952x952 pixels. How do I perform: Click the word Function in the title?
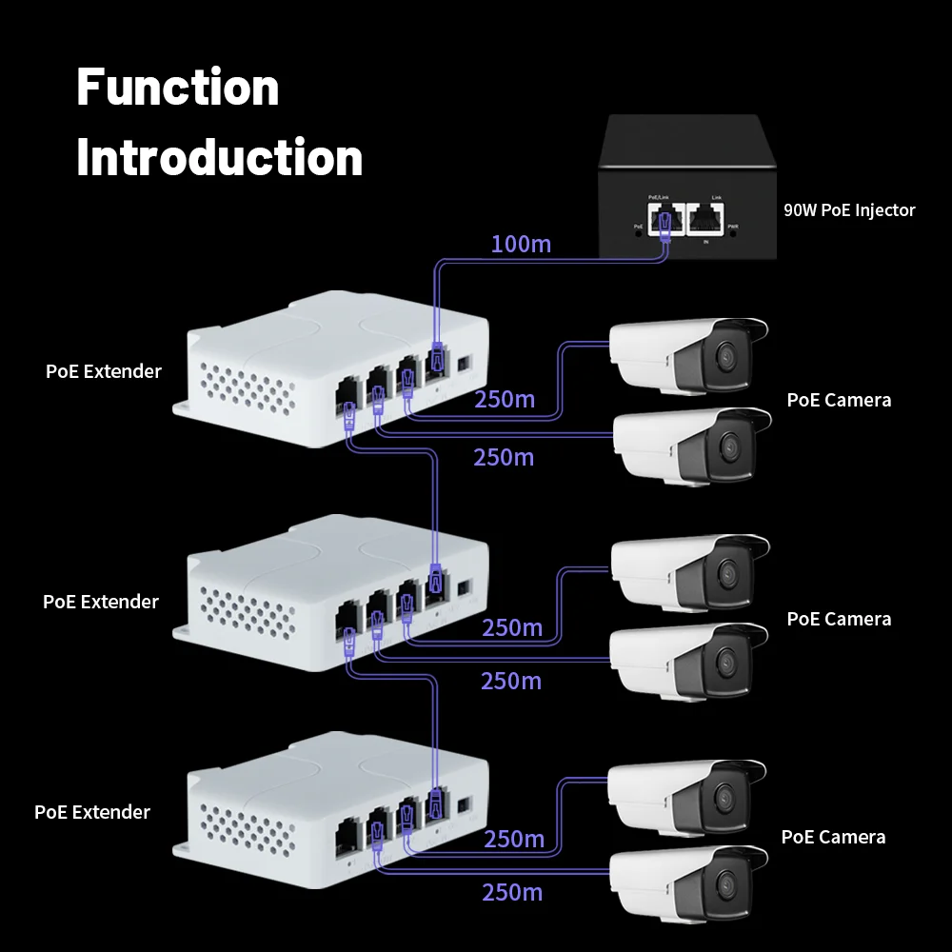coord(178,88)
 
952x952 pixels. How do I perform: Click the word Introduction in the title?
coord(220,157)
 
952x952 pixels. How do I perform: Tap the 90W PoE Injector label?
coord(849,210)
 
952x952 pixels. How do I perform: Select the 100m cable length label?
coord(521,244)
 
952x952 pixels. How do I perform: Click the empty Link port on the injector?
coord(705,221)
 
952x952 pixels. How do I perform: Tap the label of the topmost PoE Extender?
coord(104,371)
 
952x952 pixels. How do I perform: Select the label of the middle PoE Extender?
coord(101,602)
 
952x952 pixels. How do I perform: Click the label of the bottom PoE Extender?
coord(92,812)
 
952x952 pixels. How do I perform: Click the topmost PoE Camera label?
coord(839,400)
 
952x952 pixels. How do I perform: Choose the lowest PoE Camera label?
coord(833,837)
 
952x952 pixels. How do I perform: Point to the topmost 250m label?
coord(505,399)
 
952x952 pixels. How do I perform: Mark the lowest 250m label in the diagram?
coord(512,892)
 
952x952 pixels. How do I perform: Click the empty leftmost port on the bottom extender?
coord(346,832)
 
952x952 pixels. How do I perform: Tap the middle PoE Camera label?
coord(839,619)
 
